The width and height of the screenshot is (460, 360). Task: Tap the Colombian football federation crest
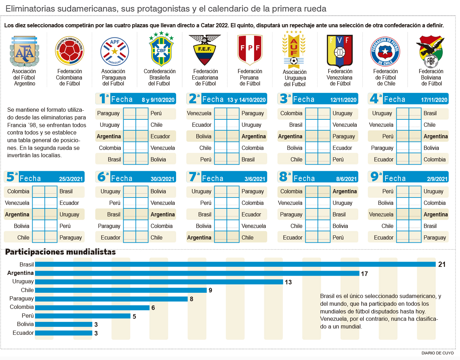(69, 51)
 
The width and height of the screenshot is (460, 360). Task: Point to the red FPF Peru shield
(250, 49)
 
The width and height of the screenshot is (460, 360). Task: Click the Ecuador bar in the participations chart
(63, 333)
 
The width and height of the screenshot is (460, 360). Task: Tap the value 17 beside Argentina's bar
(364, 274)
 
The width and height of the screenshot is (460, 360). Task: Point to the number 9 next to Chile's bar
(210, 290)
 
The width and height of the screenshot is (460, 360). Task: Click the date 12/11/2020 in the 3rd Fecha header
(343, 100)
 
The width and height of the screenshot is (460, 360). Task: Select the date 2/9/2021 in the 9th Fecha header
(437, 179)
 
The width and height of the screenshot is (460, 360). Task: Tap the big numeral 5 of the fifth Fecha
(11, 177)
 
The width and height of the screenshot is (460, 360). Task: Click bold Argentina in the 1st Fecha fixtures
(109, 136)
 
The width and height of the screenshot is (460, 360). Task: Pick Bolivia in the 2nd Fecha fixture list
(203, 136)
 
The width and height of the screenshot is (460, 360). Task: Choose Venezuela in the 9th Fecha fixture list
(381, 214)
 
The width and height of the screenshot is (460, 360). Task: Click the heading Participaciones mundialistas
(60, 252)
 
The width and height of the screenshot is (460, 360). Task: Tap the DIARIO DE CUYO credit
(437, 353)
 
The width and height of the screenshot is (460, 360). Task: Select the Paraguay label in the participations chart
(22, 298)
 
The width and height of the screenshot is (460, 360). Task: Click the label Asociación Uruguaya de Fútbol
(294, 78)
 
